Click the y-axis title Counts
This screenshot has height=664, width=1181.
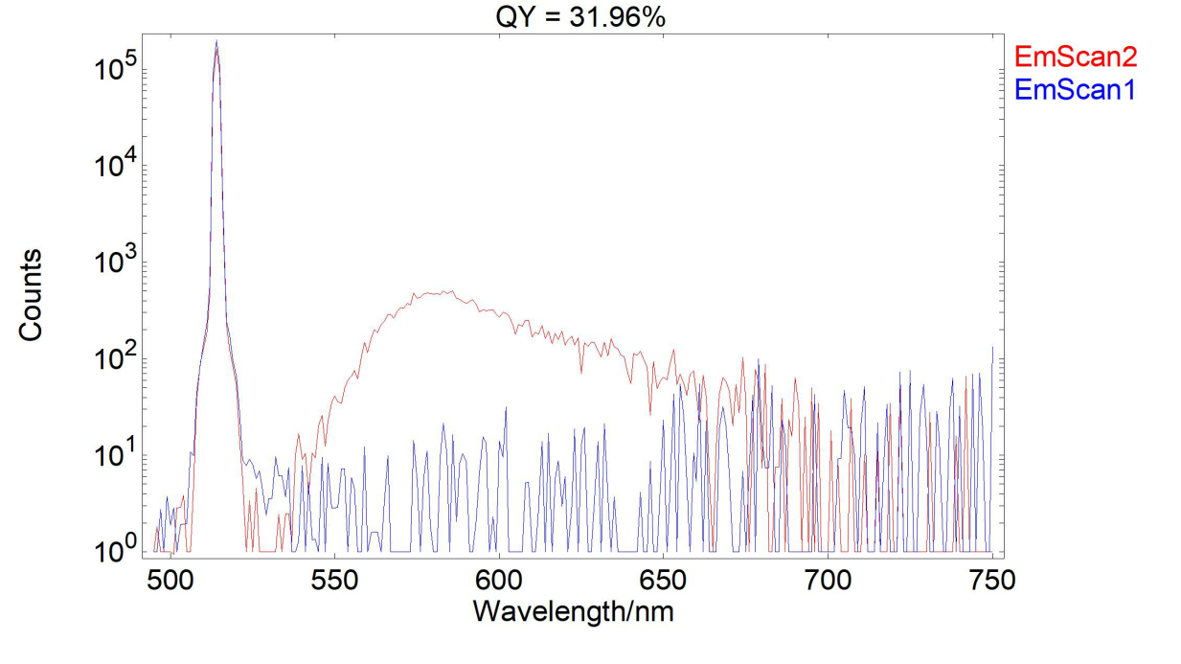tap(31, 294)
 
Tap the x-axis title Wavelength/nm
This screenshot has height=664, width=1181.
tap(573, 610)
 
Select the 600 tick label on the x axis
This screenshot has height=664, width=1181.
tap(498, 580)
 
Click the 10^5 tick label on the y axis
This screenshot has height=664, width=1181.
tap(118, 70)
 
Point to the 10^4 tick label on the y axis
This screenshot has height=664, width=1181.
tap(118, 167)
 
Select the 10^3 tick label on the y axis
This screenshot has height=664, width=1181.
tap(118, 263)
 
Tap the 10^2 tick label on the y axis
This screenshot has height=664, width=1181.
tap(118, 360)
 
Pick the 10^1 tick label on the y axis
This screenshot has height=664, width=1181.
tap(118, 456)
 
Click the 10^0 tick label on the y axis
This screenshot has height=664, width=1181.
tap(118, 553)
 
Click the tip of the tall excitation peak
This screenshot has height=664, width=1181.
tap(216, 42)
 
